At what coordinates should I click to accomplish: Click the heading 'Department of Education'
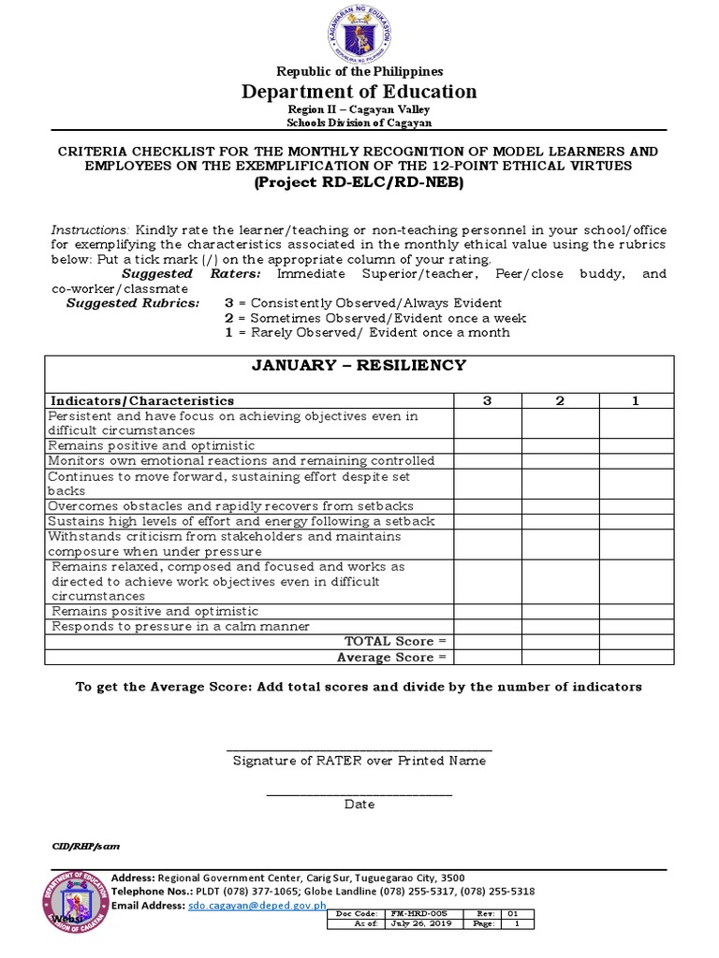[359, 91]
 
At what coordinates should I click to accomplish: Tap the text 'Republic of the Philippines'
[359, 71]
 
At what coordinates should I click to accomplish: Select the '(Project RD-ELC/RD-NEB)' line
[359, 182]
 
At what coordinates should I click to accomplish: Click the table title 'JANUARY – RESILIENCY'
[359, 365]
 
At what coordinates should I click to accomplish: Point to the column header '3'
[487, 400]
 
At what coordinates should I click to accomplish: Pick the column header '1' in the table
[635, 400]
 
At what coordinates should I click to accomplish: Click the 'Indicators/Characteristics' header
[142, 400]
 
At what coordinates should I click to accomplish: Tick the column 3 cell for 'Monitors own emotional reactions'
[487, 461]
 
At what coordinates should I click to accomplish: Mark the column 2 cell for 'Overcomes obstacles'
[560, 506]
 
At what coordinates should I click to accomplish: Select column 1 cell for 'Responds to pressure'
[635, 626]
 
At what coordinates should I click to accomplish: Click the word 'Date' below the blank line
[359, 805]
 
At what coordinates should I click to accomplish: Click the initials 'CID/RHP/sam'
[85, 846]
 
